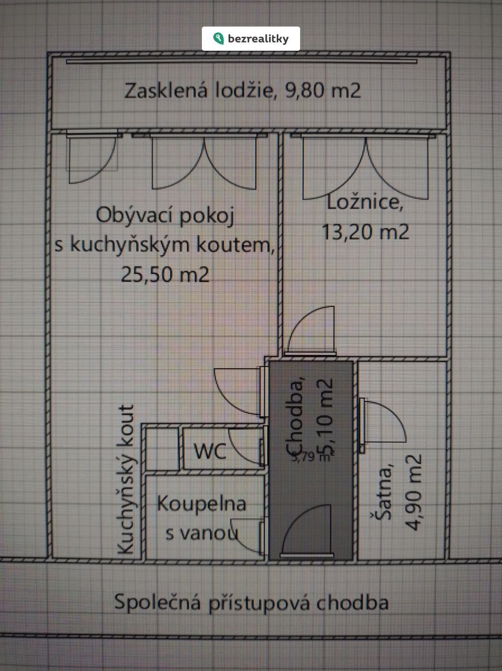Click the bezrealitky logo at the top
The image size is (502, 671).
pos(251,39)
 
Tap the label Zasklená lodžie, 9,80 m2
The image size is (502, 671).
pos(243,91)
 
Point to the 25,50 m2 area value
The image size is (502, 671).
pos(165,274)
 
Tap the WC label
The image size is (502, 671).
pos(210,451)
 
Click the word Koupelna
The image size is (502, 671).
pos(201,503)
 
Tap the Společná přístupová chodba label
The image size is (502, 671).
pos(251,603)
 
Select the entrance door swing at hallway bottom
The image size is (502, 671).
pos(309,530)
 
